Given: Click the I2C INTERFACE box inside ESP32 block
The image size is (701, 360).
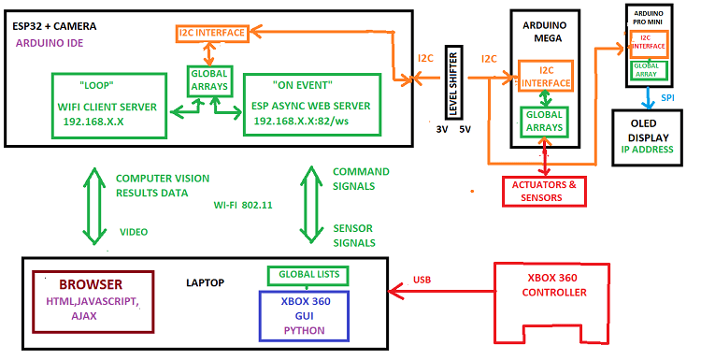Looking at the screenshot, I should tap(212, 34).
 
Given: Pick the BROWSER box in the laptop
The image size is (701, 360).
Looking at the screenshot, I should tap(92, 299).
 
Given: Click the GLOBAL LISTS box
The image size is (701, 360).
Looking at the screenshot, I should tap(308, 275).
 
